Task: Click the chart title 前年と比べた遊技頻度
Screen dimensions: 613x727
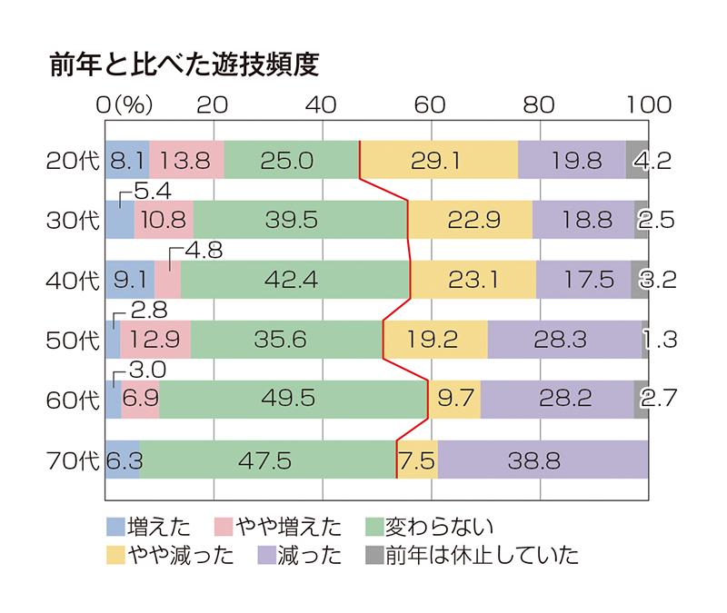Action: pos(185,65)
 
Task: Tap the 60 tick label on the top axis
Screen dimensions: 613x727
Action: pos(432,104)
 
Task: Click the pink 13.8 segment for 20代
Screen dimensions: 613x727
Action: pos(186,161)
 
